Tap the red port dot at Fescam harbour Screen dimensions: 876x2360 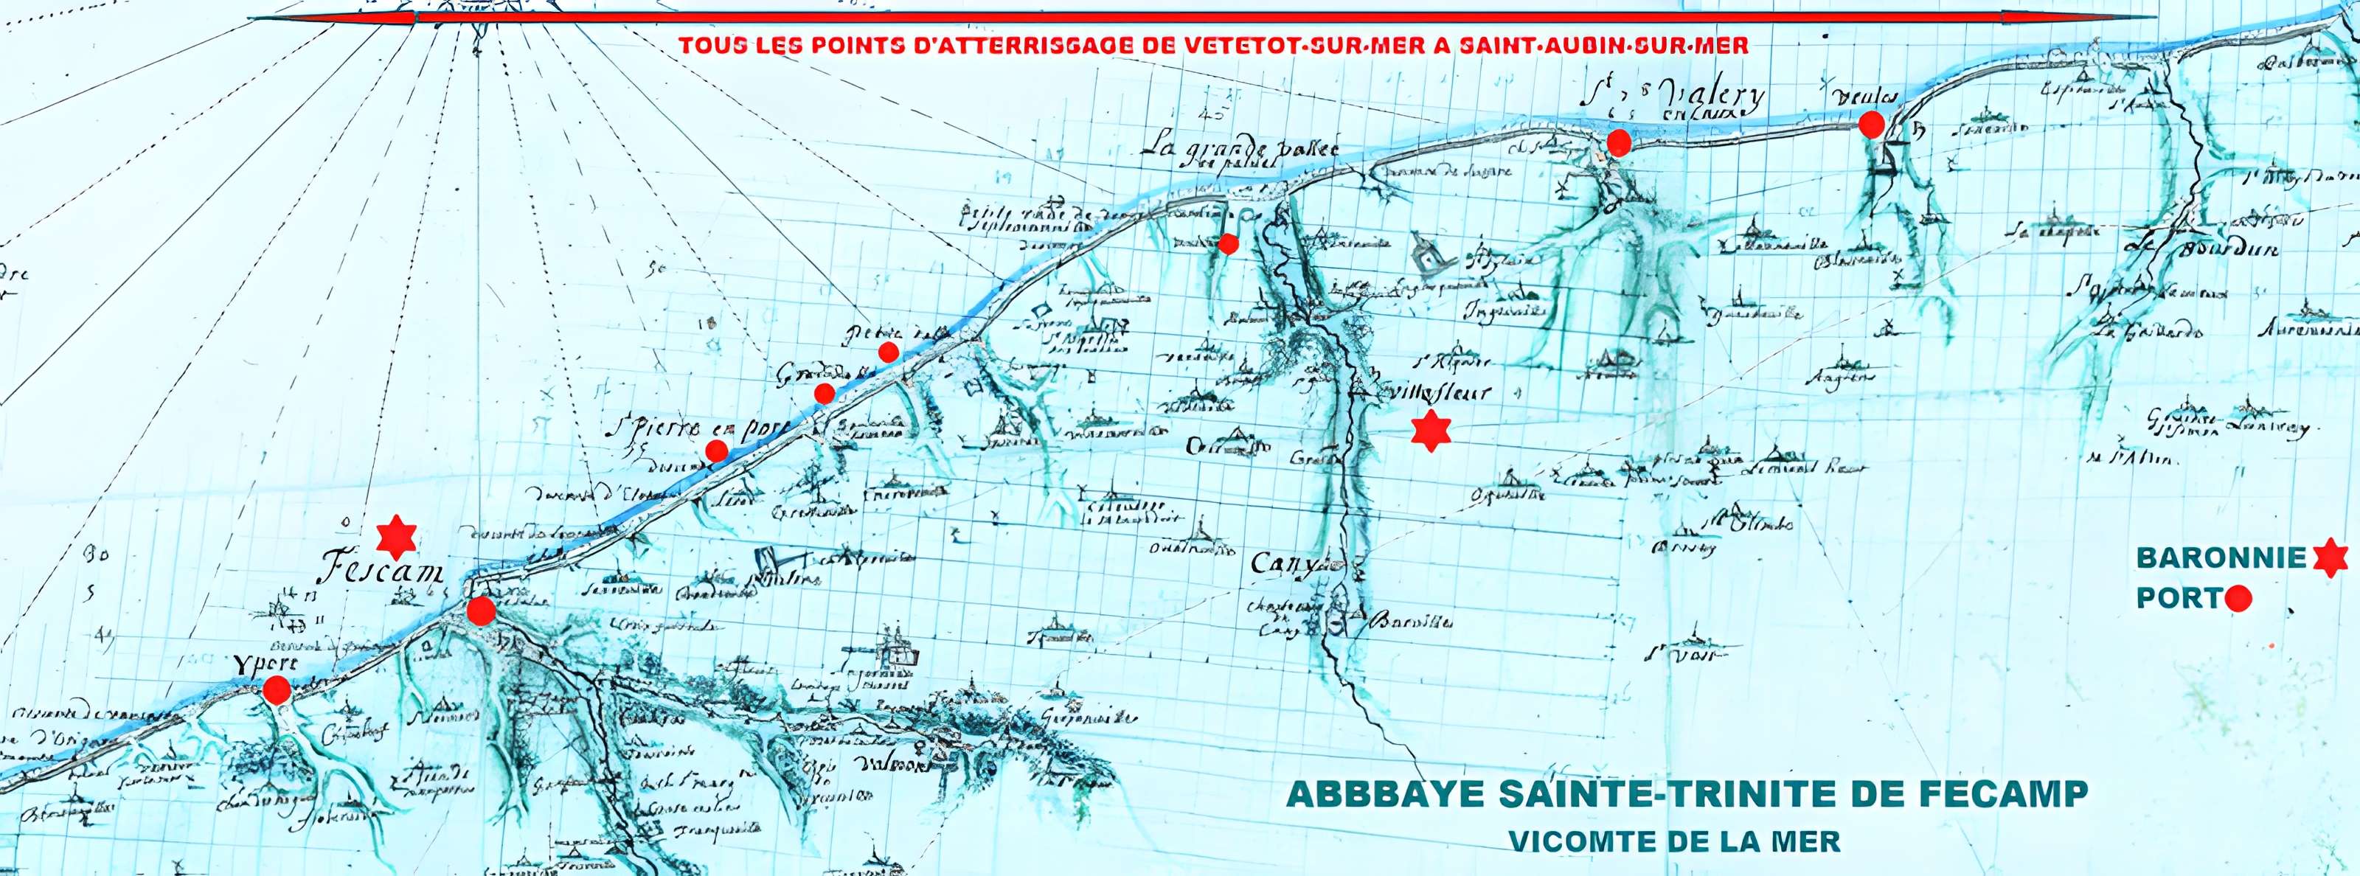481,611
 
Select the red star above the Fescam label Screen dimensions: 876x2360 397,537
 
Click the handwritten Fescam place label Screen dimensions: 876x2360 381,569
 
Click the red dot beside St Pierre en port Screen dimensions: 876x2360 716,451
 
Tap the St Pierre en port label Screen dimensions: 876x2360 696,429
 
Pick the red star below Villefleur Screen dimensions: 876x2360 1430,430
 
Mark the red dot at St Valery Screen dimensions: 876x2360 1619,142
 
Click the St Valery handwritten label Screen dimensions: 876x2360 1673,95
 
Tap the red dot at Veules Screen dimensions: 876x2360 1871,125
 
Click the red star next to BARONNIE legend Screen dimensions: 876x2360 2330,557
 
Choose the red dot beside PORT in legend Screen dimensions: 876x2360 2238,599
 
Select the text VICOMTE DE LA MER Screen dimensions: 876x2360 1674,841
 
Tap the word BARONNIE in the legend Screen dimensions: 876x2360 2221,557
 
